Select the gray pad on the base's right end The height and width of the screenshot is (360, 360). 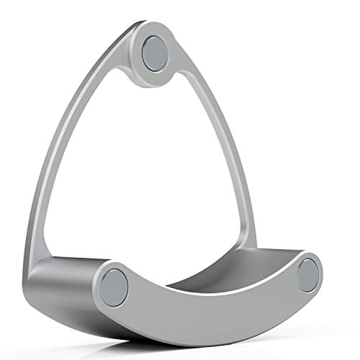tap(309, 271)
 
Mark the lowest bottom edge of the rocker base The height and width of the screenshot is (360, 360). tap(209, 333)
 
